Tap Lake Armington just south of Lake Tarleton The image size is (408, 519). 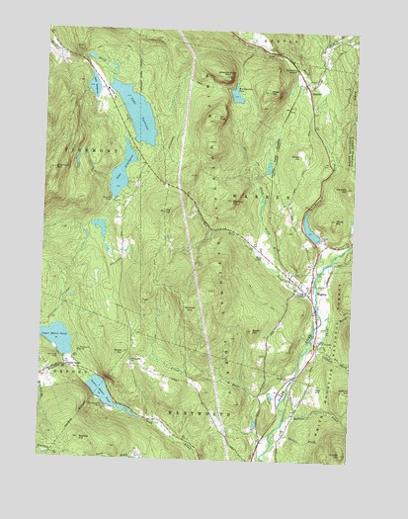pyautogui.click(x=117, y=177)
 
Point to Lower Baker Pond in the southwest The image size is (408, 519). pyautogui.click(x=100, y=389)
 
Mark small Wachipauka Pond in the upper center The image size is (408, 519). pyautogui.click(x=240, y=95)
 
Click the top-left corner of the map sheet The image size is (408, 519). pyautogui.click(x=50, y=27)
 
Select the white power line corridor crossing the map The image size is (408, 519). pyautogui.click(x=198, y=247)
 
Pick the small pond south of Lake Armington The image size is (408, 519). pyautogui.click(x=100, y=228)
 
